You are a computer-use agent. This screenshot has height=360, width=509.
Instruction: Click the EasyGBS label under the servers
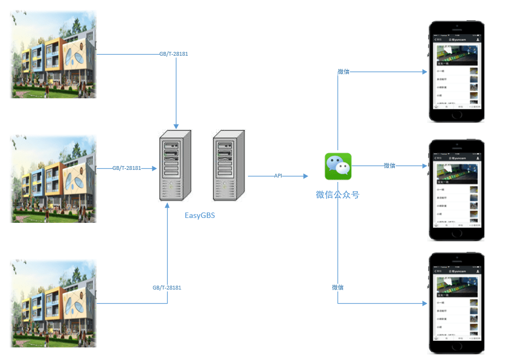[x=200, y=215]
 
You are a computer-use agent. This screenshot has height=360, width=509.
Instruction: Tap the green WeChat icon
[x=338, y=167]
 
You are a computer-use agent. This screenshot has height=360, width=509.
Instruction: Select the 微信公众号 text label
[x=338, y=194]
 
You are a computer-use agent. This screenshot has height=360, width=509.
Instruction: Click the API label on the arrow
[x=278, y=176]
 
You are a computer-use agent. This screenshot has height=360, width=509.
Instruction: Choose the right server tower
[x=230, y=164]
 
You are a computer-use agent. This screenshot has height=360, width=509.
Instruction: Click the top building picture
[x=54, y=55]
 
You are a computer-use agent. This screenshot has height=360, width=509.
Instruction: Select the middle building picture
[x=54, y=179]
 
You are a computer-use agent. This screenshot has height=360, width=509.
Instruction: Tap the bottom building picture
[x=54, y=303]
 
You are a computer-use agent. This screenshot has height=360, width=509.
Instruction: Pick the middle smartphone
[x=457, y=190]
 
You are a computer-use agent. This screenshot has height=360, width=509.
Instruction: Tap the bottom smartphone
[x=457, y=303]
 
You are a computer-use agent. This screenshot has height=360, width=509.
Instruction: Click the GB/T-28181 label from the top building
[x=174, y=54]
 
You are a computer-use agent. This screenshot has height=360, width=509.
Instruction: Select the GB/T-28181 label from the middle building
[x=127, y=168]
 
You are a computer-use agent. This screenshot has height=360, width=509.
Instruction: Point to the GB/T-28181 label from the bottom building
[x=167, y=287]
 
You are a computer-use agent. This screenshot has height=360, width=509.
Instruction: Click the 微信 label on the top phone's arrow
[x=344, y=72]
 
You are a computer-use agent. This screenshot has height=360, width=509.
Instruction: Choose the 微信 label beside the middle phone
[x=389, y=166]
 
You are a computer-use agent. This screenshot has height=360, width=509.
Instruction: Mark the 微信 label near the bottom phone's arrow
[x=338, y=287]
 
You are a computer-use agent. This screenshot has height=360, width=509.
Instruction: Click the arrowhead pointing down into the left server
[x=176, y=125]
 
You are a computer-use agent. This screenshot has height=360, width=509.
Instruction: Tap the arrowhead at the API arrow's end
[x=305, y=176]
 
